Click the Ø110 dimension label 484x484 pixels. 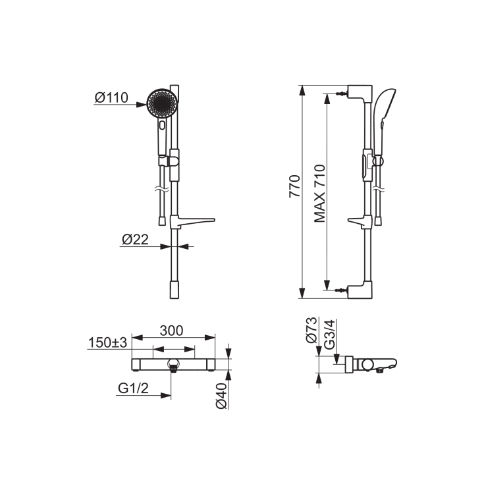pyautogui.click(x=111, y=97)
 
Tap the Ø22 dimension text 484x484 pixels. pyautogui.click(x=135, y=239)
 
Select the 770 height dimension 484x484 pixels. pyautogui.click(x=294, y=186)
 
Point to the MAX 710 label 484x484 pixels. pyautogui.click(x=320, y=194)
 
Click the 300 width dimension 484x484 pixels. pyautogui.click(x=171, y=331)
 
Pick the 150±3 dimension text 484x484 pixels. pyautogui.click(x=108, y=342)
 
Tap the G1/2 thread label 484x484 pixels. pyautogui.click(x=133, y=389)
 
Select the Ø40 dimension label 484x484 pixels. pyautogui.click(x=221, y=396)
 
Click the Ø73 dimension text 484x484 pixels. pyautogui.click(x=311, y=330)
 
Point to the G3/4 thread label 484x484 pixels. pyautogui.click(x=329, y=335)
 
